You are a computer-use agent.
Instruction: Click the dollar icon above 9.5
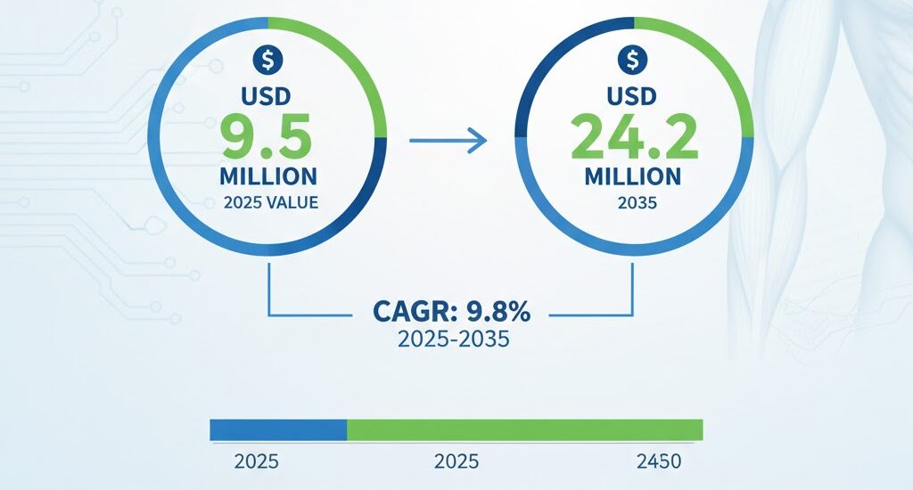267,60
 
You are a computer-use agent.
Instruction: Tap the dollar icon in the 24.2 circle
633,60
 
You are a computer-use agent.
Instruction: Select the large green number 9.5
267,137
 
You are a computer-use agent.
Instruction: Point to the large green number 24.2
634,137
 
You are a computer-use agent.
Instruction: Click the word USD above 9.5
266,96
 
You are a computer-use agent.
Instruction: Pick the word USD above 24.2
631,96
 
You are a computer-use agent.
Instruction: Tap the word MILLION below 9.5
268,176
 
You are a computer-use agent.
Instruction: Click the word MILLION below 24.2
633,176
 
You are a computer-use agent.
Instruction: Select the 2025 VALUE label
271,202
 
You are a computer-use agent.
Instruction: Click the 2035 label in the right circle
637,203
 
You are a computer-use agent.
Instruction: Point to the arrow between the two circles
448,140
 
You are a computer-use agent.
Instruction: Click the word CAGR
410,312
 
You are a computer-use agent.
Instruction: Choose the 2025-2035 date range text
454,339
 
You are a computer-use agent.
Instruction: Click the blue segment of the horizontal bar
278,430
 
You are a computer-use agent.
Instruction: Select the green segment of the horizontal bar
524,430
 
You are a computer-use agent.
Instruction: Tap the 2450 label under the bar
659,461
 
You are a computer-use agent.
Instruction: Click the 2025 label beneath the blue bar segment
256,461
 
